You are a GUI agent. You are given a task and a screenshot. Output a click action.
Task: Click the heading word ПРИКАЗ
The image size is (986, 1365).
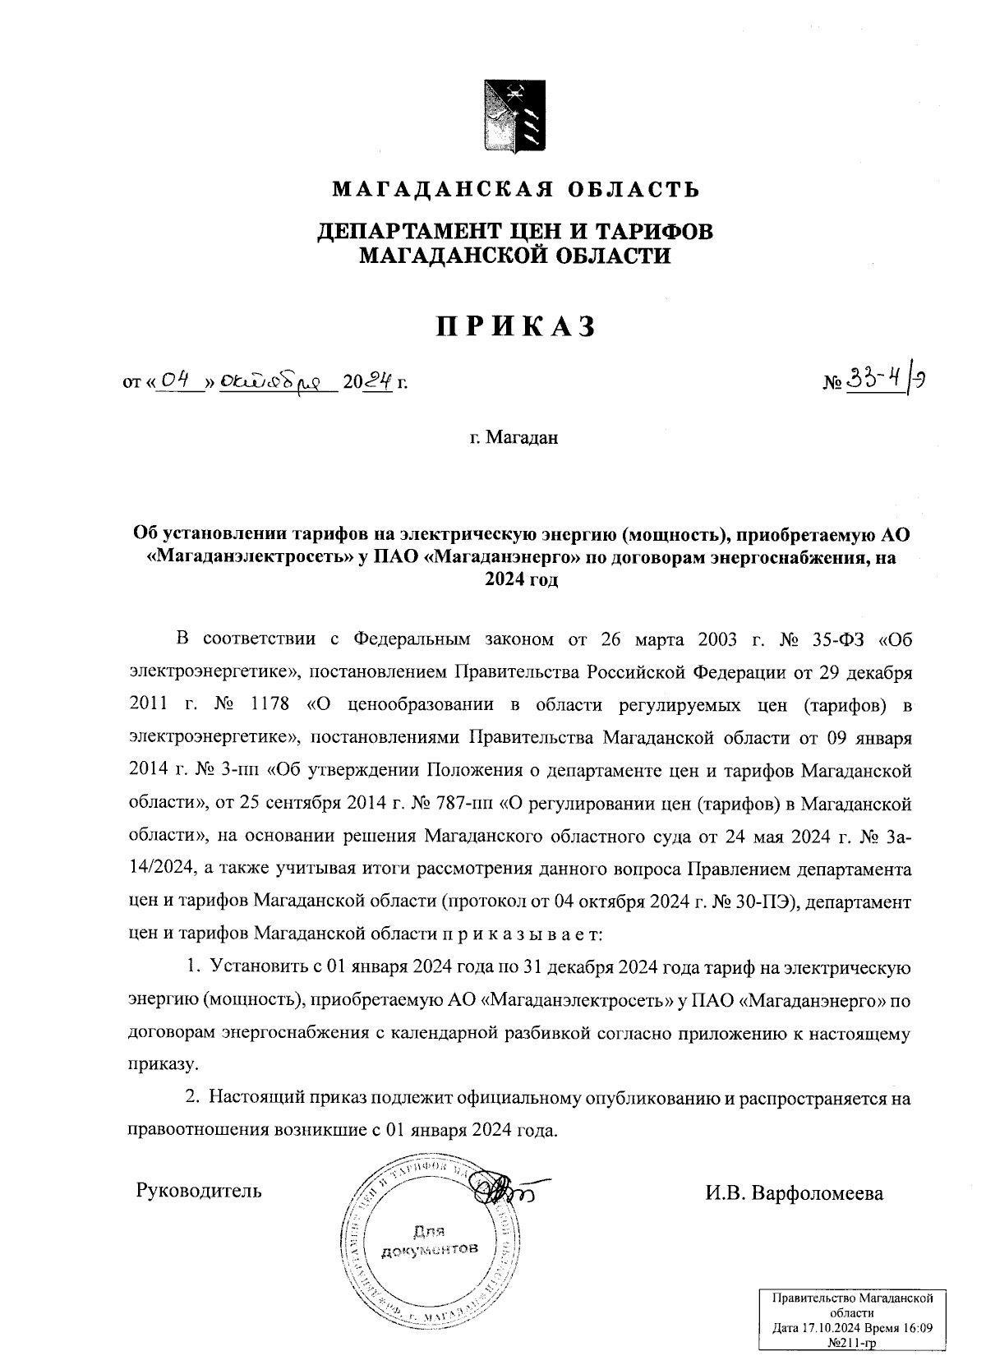[515, 327]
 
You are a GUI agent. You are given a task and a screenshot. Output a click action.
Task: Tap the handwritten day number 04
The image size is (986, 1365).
[176, 380]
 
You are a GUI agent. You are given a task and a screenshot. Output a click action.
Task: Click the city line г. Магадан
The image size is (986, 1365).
[514, 437]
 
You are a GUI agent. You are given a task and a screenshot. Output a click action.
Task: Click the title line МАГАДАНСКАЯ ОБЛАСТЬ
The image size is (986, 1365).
[515, 191]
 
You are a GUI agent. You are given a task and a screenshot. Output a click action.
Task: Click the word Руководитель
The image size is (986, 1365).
[199, 1189]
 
